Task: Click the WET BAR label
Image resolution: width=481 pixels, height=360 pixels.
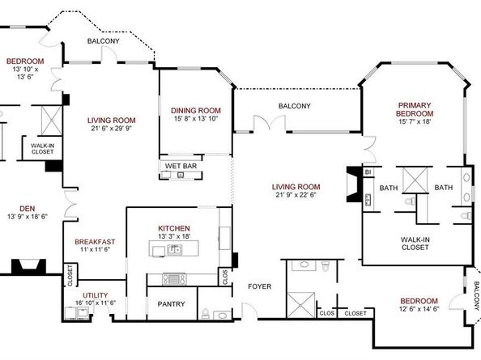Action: (181, 166)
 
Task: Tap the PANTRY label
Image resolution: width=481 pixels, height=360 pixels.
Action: (171, 304)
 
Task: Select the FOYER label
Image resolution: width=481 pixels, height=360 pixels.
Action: (259, 286)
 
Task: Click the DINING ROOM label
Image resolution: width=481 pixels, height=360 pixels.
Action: (196, 111)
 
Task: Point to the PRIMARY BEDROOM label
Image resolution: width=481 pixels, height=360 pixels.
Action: (415, 109)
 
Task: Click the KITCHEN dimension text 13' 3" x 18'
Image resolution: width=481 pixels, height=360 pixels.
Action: (174, 236)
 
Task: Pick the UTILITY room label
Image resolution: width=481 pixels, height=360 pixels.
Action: (96, 295)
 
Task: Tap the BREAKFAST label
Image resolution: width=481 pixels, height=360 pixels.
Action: (95, 242)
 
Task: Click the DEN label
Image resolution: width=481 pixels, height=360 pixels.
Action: (28, 209)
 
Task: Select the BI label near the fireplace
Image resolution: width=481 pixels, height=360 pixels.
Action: (368, 172)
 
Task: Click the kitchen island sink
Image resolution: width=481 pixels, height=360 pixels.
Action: (175, 249)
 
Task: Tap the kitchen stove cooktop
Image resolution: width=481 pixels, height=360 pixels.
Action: (174, 279)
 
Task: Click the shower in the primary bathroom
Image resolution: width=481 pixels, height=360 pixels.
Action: (415, 180)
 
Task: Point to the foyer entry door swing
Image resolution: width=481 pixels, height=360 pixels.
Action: (250, 310)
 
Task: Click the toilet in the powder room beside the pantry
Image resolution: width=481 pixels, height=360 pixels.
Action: (206, 313)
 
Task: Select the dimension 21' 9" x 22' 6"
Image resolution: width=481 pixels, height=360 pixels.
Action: (296, 194)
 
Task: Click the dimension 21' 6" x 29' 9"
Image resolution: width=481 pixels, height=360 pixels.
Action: (112, 128)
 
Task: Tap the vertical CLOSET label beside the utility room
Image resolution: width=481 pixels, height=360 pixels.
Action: (70, 275)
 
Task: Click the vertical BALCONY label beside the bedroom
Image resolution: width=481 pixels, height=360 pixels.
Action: (476, 296)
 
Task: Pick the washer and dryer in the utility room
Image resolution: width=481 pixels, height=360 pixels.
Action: (77, 313)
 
